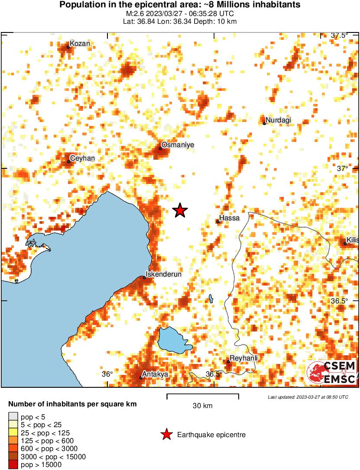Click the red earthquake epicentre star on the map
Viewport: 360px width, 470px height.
[x=180, y=211]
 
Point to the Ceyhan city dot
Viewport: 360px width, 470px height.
[x=68, y=162]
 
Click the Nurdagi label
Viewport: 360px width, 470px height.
[x=278, y=120]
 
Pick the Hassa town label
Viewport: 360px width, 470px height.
[x=229, y=218]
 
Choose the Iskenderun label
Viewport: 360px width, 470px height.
[x=163, y=274]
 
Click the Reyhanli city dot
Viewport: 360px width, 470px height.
[x=228, y=362]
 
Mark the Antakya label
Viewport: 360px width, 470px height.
[x=155, y=374]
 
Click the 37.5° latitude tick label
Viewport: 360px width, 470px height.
[x=339, y=35]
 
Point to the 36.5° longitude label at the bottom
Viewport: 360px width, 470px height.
[x=214, y=374]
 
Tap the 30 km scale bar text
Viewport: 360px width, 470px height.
[x=202, y=406]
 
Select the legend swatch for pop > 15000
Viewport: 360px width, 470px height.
[x=13, y=464]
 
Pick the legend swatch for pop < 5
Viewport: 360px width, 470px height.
[x=13, y=417]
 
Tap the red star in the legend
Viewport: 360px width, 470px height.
[x=166, y=435]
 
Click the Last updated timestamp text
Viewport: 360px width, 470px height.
[x=308, y=397]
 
